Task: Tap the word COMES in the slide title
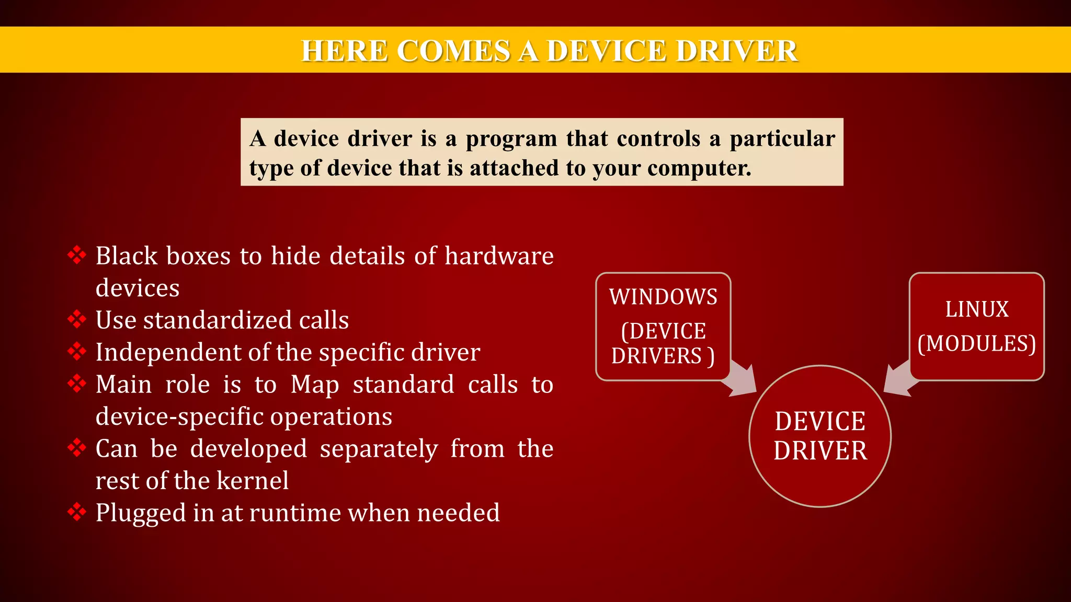point(453,51)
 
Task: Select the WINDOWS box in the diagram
point(663,326)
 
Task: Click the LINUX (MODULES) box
point(976,326)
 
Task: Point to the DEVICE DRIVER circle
point(820,436)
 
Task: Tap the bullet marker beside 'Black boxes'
point(77,255)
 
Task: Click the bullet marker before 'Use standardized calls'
point(77,319)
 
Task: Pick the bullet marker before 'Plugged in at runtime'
point(77,512)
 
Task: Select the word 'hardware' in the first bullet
point(499,256)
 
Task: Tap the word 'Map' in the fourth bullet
point(315,385)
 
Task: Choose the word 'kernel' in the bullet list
point(252,480)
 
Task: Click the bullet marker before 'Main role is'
point(77,384)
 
